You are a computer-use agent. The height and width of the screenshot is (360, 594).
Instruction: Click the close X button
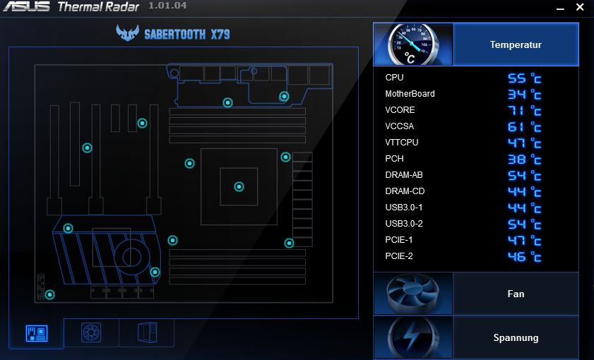(x=580, y=7)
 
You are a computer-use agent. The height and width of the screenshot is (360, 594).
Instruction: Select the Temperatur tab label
(x=516, y=44)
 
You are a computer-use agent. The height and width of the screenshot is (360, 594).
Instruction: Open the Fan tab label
(x=516, y=294)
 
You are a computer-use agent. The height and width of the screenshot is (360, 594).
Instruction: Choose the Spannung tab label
(x=516, y=337)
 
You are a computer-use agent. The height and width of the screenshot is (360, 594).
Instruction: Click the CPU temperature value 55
(x=517, y=78)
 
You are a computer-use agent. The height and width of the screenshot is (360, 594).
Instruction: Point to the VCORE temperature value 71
(x=517, y=111)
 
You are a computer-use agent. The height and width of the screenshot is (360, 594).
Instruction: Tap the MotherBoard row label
(x=410, y=94)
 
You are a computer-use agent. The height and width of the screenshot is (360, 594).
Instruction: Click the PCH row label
(x=394, y=159)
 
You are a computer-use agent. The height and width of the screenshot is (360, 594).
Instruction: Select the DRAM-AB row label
(x=404, y=175)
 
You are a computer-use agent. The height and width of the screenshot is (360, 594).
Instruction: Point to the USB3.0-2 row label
(x=404, y=224)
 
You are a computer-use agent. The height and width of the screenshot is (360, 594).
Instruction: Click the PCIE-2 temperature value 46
(x=517, y=257)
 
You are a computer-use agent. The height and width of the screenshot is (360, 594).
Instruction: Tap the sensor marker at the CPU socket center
(x=239, y=186)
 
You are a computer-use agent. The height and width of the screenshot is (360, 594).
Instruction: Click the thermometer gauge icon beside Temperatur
(x=413, y=44)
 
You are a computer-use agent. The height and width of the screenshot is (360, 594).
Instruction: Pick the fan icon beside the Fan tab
(x=413, y=294)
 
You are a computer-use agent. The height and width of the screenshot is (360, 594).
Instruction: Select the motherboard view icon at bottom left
(x=37, y=333)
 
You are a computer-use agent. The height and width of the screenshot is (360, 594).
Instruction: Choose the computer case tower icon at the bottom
(x=147, y=332)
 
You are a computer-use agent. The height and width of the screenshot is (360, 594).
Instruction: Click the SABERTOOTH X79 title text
(x=187, y=35)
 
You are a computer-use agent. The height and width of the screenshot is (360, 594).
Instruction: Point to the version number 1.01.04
(x=167, y=6)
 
